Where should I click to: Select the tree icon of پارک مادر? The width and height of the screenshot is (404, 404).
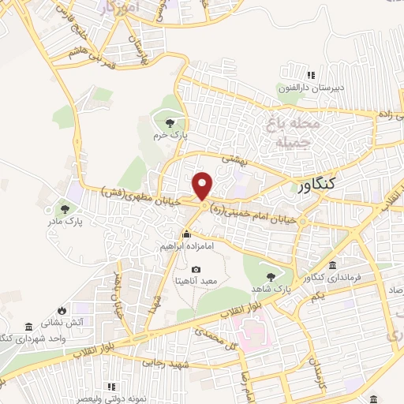(65, 209)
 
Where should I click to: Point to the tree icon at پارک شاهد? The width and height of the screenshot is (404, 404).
(272, 277)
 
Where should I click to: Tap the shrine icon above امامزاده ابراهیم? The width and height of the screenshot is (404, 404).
(186, 234)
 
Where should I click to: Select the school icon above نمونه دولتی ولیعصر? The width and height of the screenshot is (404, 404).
(111, 387)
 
